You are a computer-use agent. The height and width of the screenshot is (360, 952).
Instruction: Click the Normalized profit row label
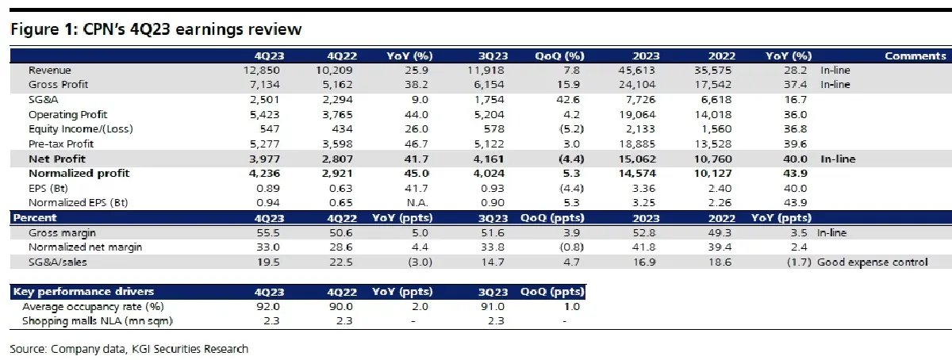tap(79, 173)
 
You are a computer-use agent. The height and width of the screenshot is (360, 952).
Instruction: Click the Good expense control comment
tap(873, 261)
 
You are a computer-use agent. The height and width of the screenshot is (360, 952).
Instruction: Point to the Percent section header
tap(33, 216)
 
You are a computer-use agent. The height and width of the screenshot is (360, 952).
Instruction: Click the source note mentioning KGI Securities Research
tap(129, 349)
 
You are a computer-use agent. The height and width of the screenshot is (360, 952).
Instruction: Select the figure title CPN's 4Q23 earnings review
tap(155, 30)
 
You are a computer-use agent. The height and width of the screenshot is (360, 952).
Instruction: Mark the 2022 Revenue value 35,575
tap(718, 71)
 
